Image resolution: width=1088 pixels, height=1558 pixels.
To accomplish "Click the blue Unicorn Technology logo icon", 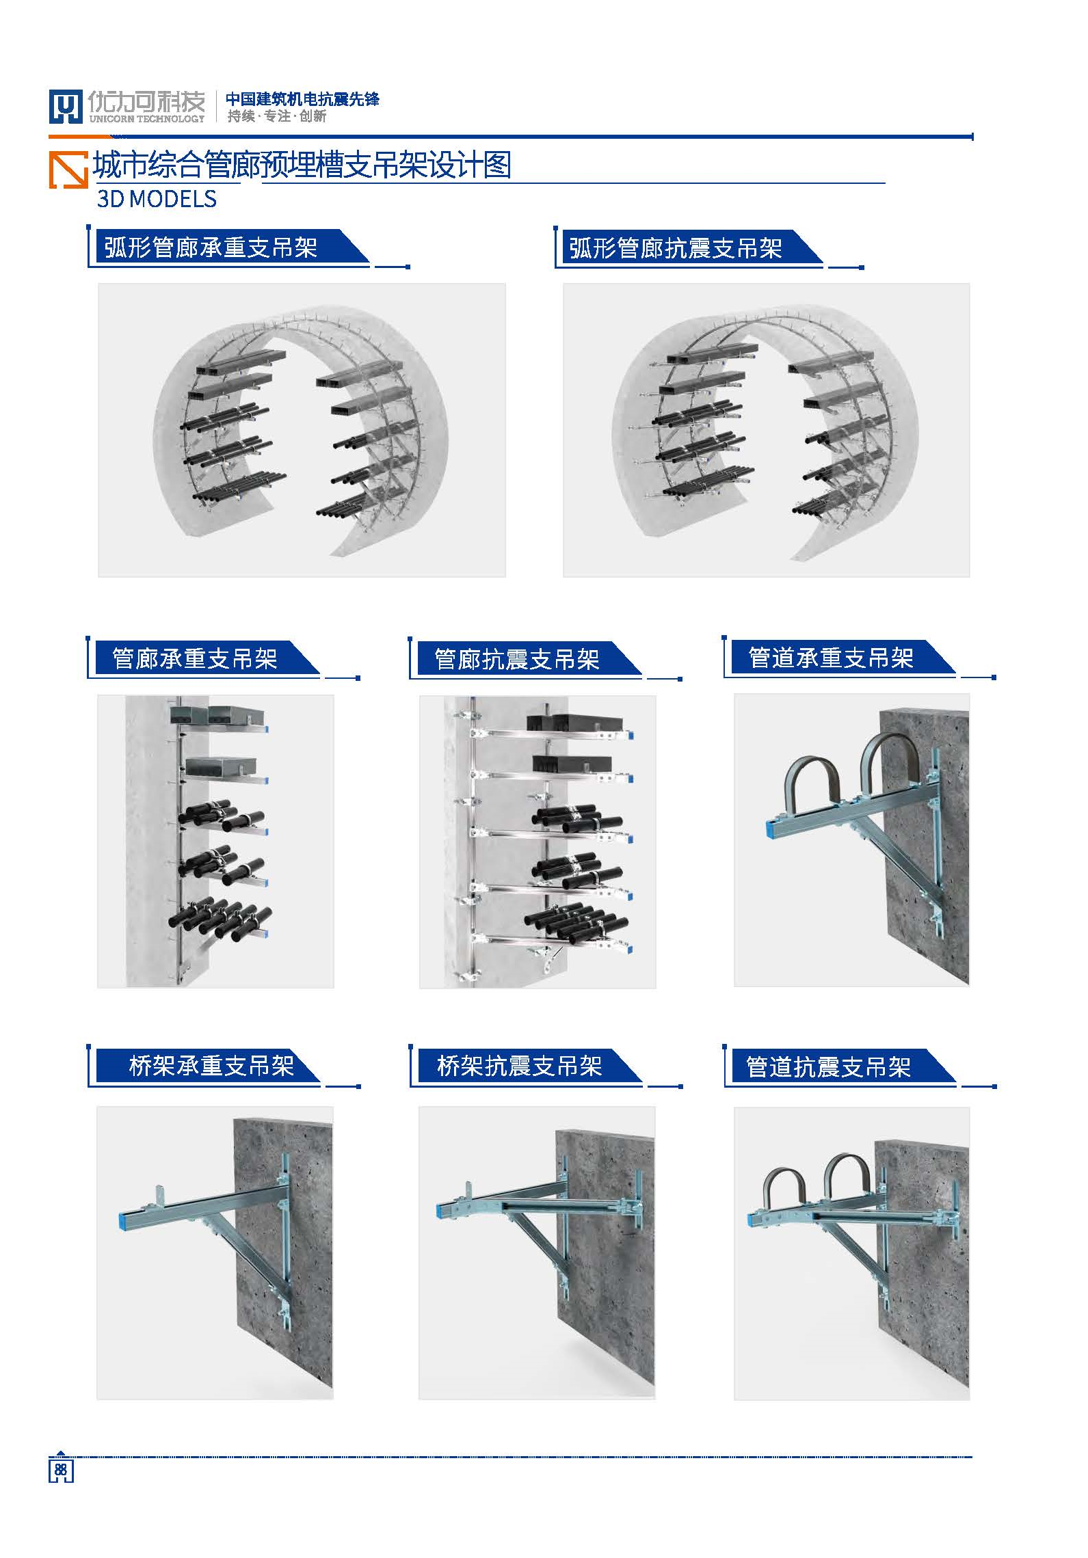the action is (65, 107).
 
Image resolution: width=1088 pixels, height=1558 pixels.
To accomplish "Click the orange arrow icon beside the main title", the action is (68, 169).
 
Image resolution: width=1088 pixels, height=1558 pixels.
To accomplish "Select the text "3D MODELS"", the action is (157, 199).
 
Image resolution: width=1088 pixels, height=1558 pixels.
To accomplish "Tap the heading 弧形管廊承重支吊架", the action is (211, 247).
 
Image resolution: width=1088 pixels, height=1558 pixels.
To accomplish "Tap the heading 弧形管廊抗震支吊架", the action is (676, 248).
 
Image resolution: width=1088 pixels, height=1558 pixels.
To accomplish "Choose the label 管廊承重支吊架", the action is (195, 658).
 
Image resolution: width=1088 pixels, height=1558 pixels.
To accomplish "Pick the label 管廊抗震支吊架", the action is (517, 659).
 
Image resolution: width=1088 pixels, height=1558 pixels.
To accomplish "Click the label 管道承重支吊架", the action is (831, 658).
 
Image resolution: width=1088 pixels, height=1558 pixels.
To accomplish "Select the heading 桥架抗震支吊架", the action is (520, 1066).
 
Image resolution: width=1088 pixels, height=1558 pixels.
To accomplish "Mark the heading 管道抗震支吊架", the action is (828, 1066).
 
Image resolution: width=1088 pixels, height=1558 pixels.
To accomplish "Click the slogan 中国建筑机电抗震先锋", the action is (302, 99).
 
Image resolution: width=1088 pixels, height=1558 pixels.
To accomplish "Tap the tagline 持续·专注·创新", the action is (277, 116).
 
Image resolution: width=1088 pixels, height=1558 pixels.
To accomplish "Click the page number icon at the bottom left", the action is (60, 1469).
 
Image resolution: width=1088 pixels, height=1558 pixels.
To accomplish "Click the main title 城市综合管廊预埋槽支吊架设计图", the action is (302, 165).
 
